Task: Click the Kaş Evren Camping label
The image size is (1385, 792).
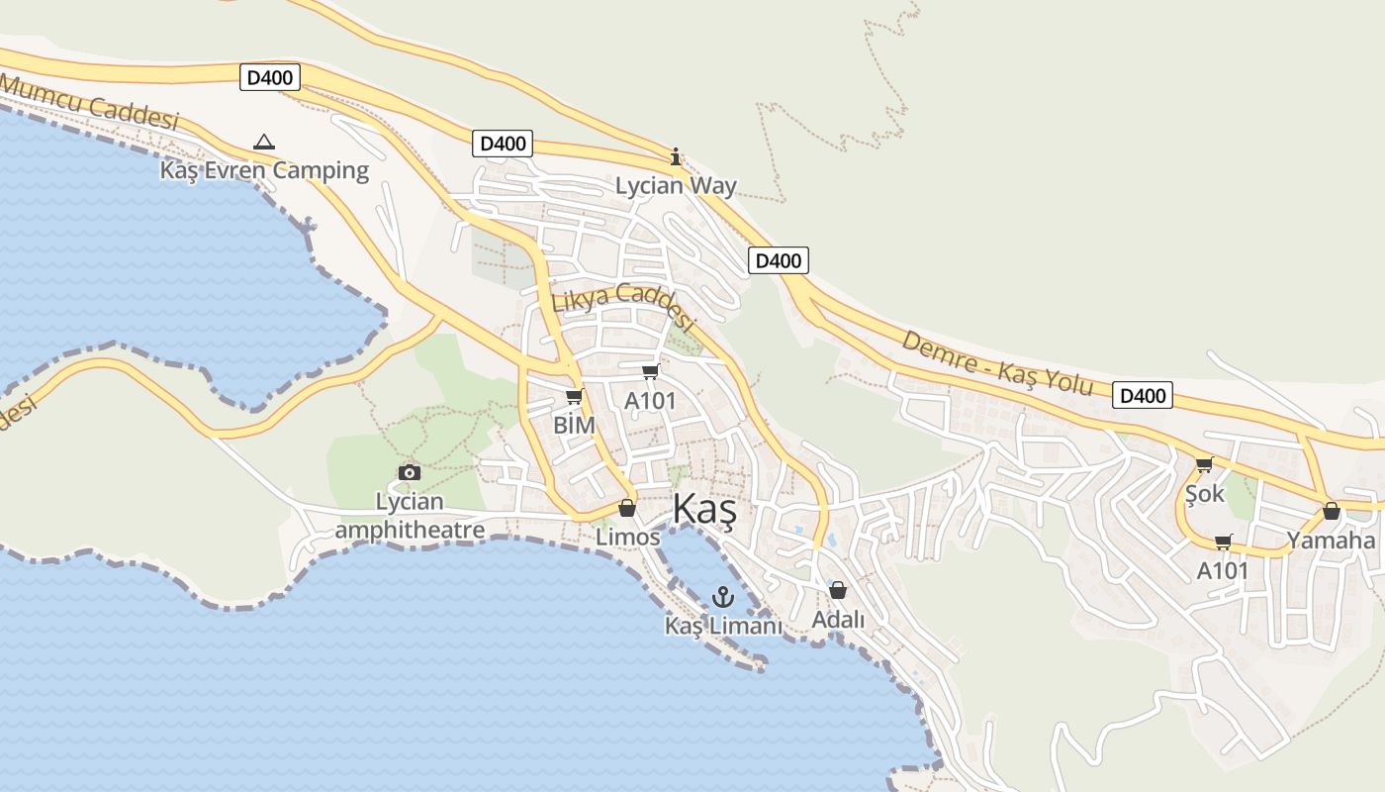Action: (x=264, y=170)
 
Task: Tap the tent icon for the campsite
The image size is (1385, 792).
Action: (x=263, y=143)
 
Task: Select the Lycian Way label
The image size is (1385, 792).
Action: (x=676, y=185)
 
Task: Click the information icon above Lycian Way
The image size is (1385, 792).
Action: (x=676, y=156)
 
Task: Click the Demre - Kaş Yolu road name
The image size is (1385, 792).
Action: (x=997, y=363)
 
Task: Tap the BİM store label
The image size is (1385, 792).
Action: (x=574, y=425)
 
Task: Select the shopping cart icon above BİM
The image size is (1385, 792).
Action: (x=574, y=397)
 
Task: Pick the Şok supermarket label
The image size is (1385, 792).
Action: (x=1204, y=492)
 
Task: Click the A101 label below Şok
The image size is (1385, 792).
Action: (x=1223, y=570)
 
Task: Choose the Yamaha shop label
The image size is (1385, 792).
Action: (x=1331, y=540)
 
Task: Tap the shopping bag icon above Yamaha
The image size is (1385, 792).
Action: (x=1332, y=511)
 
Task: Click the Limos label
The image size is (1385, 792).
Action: (x=627, y=537)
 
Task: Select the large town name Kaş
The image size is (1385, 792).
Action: (x=704, y=510)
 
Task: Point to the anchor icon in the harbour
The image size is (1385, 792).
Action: (x=722, y=596)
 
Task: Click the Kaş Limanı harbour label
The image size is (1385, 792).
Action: (x=722, y=626)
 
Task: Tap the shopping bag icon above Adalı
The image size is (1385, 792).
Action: (x=838, y=590)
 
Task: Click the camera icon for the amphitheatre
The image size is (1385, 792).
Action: (x=409, y=472)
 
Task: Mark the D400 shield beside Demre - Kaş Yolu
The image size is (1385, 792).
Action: (x=1143, y=396)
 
